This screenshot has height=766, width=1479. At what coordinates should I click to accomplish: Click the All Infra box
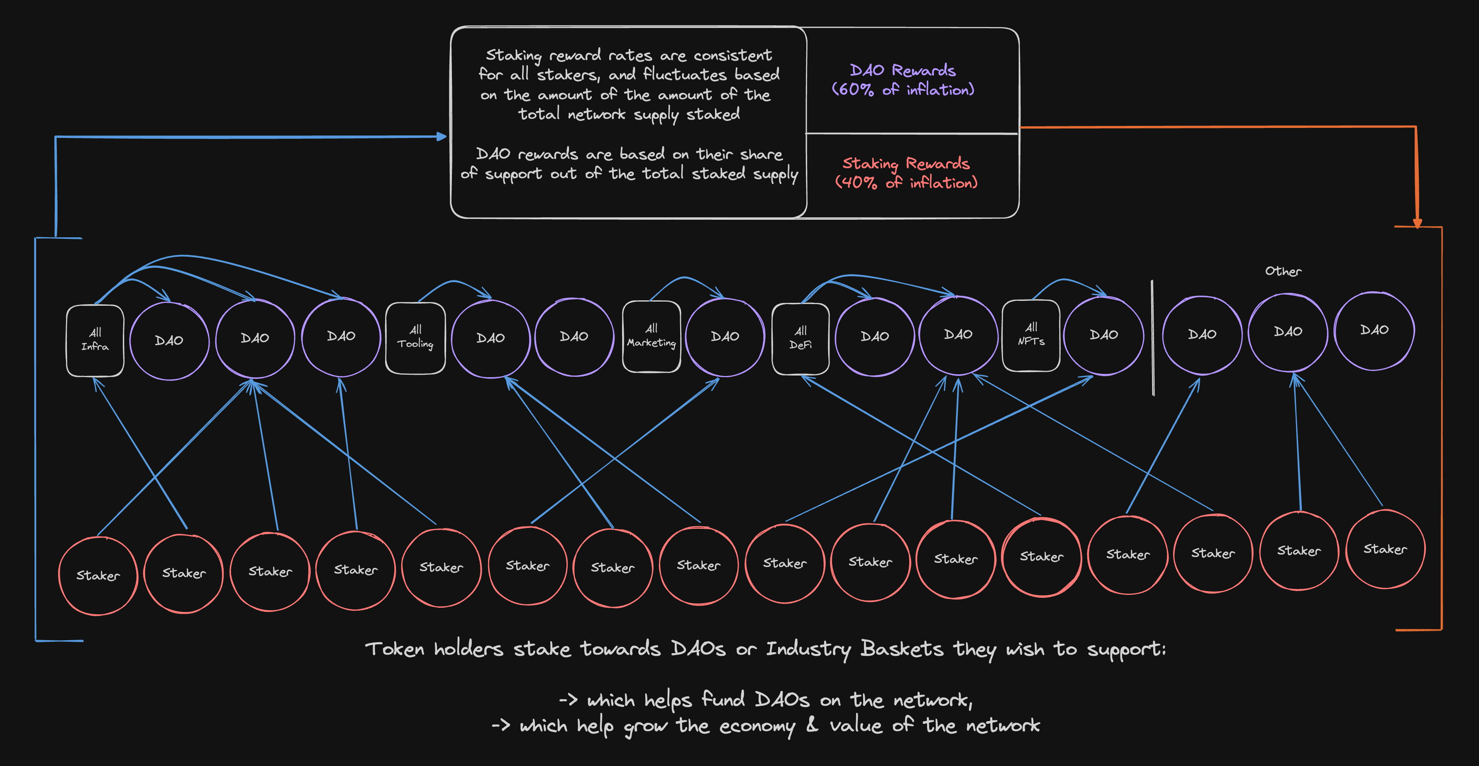click(x=95, y=340)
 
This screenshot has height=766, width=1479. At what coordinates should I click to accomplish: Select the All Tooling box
click(x=415, y=338)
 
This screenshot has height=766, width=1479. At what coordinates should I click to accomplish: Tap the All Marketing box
click(x=651, y=336)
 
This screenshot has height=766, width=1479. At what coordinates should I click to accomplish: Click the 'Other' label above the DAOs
click(x=1283, y=271)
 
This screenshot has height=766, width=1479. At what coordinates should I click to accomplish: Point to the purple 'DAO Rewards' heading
click(x=902, y=71)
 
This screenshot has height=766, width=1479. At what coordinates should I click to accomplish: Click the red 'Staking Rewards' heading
click(x=905, y=164)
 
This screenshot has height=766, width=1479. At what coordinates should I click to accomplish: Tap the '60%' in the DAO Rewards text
click(x=856, y=90)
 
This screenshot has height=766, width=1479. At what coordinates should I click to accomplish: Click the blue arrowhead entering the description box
click(x=442, y=137)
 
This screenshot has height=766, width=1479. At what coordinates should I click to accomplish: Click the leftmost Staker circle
click(x=98, y=575)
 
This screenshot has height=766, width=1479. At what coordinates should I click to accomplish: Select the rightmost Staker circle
click(x=1385, y=549)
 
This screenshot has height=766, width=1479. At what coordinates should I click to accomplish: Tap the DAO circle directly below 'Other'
click(x=1288, y=332)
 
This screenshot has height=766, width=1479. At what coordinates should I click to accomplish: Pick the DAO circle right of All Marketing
click(x=725, y=337)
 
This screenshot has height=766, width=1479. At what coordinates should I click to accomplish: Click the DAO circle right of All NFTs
click(x=1103, y=335)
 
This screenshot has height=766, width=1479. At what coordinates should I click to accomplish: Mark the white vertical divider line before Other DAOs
click(x=1152, y=338)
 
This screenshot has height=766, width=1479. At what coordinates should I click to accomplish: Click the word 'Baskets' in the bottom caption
click(x=901, y=649)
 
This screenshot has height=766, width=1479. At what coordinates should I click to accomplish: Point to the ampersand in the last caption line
click(x=812, y=725)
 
